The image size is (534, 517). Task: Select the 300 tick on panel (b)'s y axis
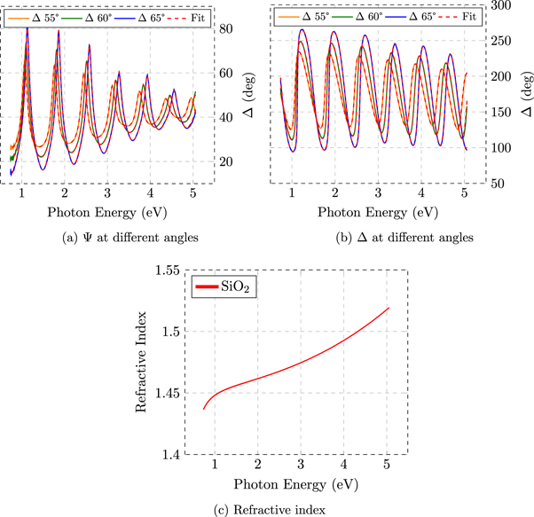[503, 5]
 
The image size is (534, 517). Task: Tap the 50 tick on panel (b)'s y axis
[503, 184]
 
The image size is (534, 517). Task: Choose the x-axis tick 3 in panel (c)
[301, 465]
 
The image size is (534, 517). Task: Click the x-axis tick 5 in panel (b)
[465, 193]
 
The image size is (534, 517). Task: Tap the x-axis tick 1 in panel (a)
[27, 193]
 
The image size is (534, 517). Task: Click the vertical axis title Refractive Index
[141, 362]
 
